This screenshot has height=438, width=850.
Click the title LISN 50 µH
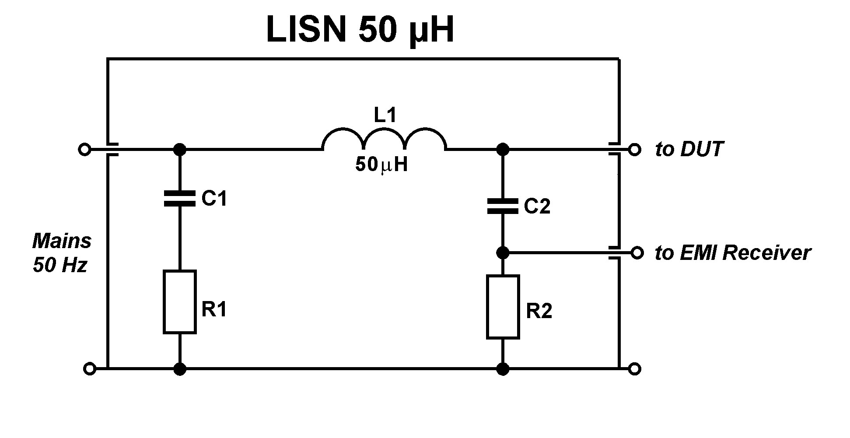[360, 30]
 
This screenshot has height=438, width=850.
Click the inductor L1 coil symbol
[385, 140]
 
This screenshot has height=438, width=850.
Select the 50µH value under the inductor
[381, 165]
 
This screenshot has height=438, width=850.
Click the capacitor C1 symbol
[179, 198]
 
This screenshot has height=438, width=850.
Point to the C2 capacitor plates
[503, 206]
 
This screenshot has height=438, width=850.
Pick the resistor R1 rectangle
[179, 302]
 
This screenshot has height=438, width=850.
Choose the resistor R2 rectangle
[503, 307]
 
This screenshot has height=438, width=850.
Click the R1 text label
[214, 310]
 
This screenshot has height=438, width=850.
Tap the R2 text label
[539, 311]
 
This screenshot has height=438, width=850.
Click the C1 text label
[214, 199]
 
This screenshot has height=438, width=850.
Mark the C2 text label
[537, 207]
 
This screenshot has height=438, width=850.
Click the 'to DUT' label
[689, 150]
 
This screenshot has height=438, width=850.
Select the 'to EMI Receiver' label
[733, 253]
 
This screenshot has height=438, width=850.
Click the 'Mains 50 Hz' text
[62, 253]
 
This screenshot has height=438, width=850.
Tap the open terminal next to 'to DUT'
[634, 150]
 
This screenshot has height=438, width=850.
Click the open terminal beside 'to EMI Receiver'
[637, 252]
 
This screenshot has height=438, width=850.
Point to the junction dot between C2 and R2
[503, 252]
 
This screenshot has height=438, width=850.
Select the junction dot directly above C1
[179, 150]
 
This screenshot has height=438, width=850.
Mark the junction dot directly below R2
[503, 369]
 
